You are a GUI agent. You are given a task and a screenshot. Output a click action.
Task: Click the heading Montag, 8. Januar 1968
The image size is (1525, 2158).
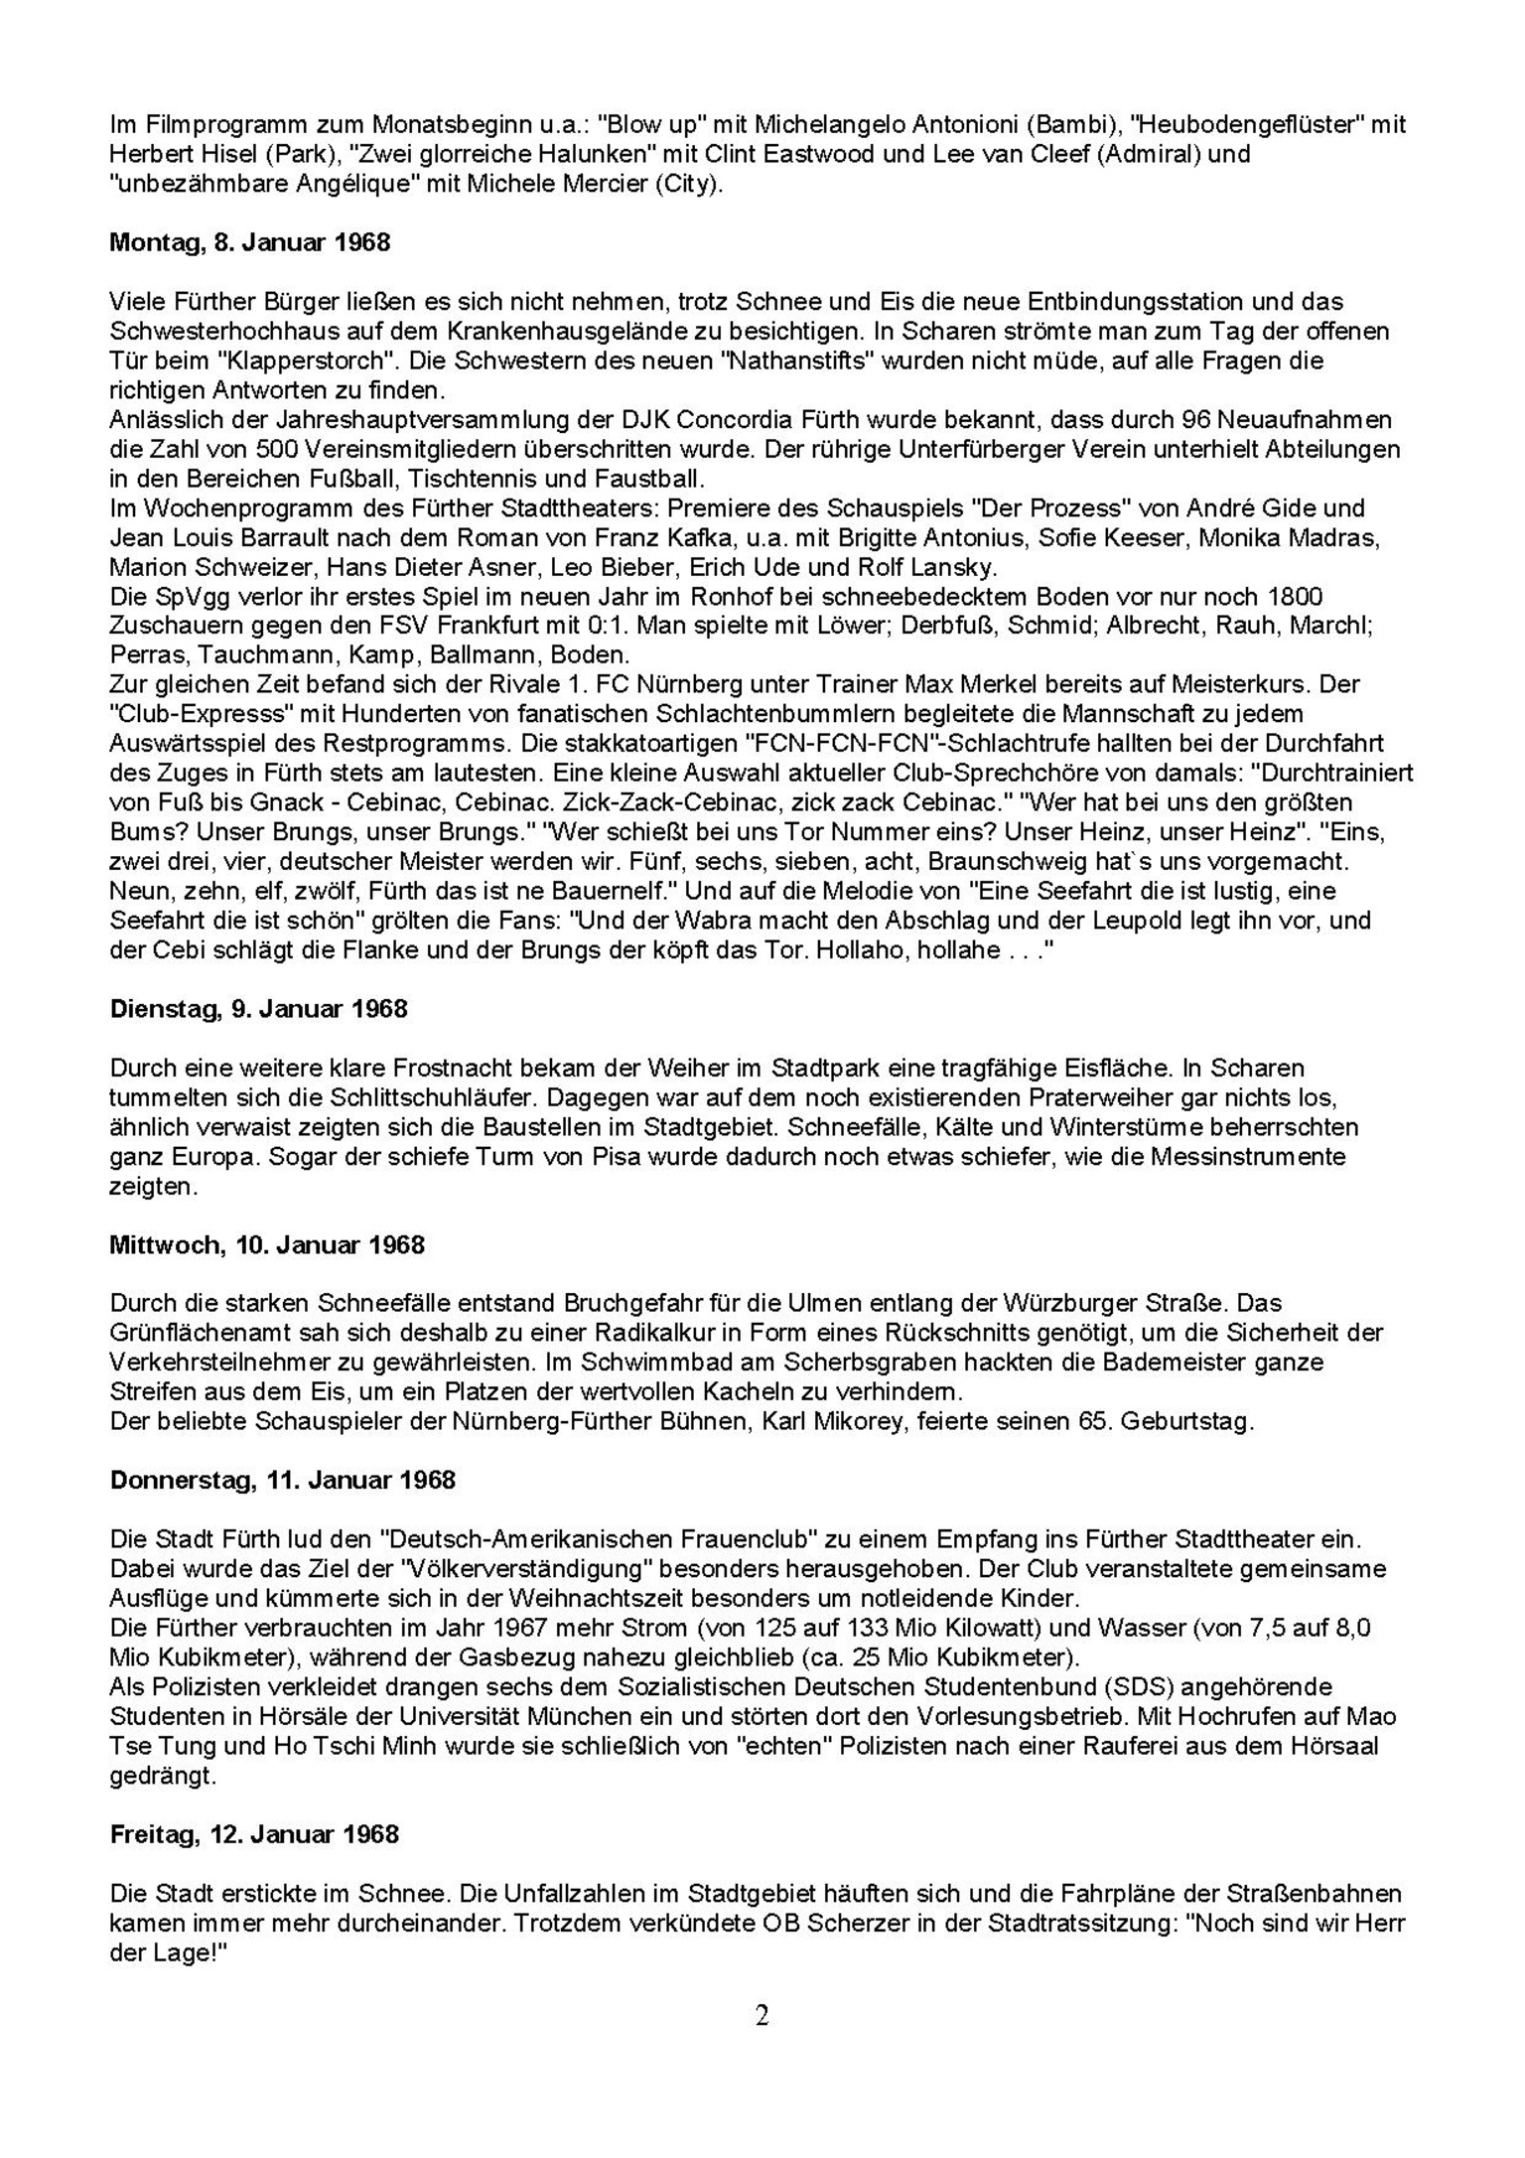click(x=249, y=242)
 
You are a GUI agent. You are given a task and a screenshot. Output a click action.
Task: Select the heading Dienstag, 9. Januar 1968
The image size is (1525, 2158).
click(x=258, y=1009)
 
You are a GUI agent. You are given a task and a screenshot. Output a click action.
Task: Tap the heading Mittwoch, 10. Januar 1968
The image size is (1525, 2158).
click(x=266, y=1244)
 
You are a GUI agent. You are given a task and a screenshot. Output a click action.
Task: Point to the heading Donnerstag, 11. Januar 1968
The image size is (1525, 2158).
click(x=282, y=1480)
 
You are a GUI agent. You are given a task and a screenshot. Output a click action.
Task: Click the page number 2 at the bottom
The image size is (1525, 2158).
click(x=762, y=2015)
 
